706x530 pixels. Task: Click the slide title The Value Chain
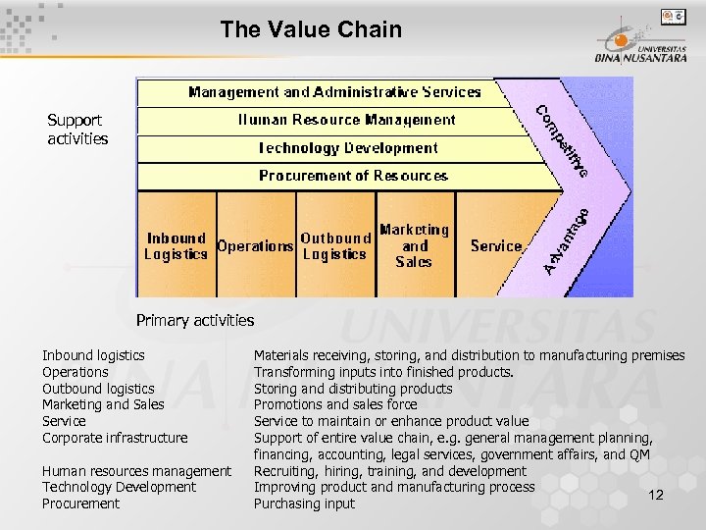click(311, 29)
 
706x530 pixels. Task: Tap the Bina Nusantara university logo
click(638, 44)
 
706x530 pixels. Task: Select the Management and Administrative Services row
click(333, 92)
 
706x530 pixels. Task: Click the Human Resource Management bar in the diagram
click(346, 120)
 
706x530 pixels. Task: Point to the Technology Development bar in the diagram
click(347, 148)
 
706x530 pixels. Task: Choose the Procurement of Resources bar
click(353, 176)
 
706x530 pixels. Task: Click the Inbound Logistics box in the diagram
click(176, 245)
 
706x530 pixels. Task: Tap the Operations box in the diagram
click(255, 246)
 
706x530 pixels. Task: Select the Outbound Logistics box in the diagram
click(335, 245)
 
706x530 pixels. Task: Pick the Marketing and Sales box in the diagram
click(414, 245)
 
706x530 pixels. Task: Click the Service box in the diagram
click(496, 246)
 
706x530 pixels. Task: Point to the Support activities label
click(77, 130)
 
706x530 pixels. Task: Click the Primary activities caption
click(195, 320)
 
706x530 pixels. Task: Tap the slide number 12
click(656, 495)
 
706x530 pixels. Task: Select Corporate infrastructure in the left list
click(115, 438)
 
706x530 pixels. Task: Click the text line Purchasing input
click(304, 503)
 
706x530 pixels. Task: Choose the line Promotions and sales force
click(335, 404)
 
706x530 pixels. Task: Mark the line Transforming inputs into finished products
click(383, 372)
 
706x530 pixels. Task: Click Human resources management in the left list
click(136, 471)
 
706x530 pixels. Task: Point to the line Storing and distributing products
click(353, 389)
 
